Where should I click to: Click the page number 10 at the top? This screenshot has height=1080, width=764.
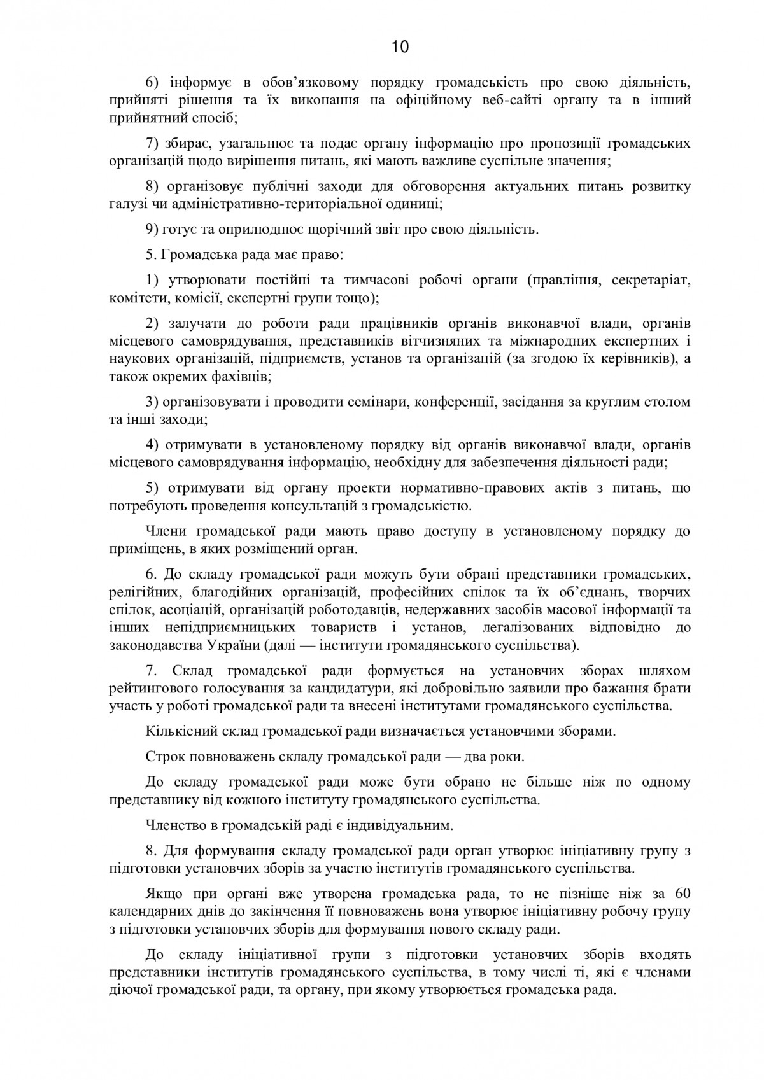(400, 47)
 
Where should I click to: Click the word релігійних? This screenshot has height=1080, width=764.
(141, 593)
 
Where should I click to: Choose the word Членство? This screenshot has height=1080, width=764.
(175, 825)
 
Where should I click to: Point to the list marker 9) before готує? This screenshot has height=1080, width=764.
(152, 228)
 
